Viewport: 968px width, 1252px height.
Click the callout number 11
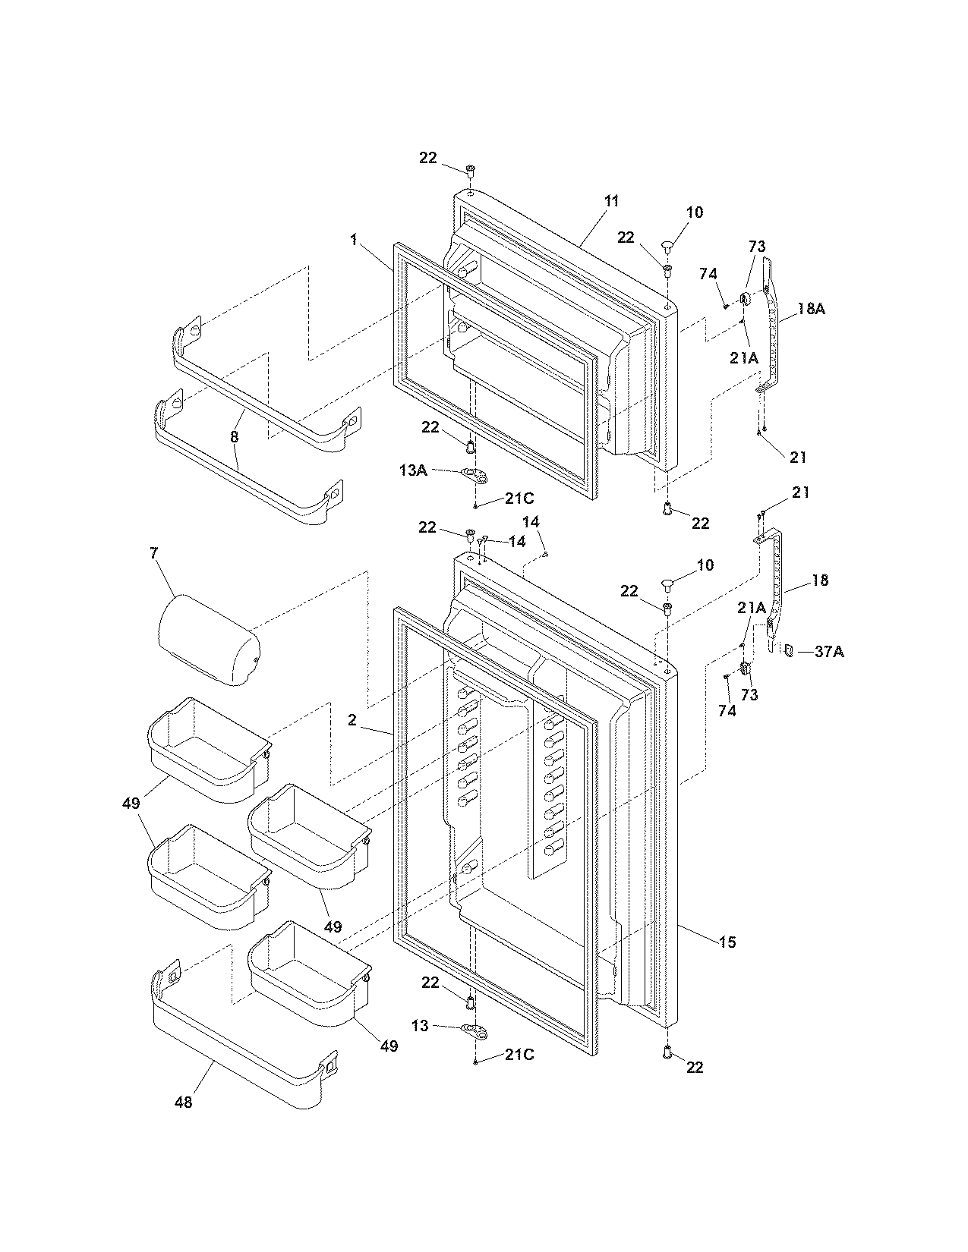click(x=612, y=201)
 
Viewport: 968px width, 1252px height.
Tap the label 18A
click(x=811, y=309)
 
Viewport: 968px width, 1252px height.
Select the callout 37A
click(x=829, y=651)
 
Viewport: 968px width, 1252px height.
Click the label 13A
click(x=412, y=470)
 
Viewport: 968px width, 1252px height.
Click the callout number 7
click(x=154, y=553)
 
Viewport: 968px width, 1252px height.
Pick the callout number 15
click(x=727, y=942)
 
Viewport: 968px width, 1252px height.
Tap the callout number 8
click(x=235, y=437)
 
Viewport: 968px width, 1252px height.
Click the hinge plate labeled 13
click(x=471, y=1030)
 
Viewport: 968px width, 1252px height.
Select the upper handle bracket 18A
click(x=772, y=326)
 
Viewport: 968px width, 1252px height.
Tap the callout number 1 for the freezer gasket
click(x=353, y=240)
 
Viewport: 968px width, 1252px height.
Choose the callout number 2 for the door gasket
click(x=352, y=720)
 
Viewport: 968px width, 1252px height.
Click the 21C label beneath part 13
click(x=519, y=1055)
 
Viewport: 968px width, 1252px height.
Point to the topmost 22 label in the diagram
click(x=427, y=157)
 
